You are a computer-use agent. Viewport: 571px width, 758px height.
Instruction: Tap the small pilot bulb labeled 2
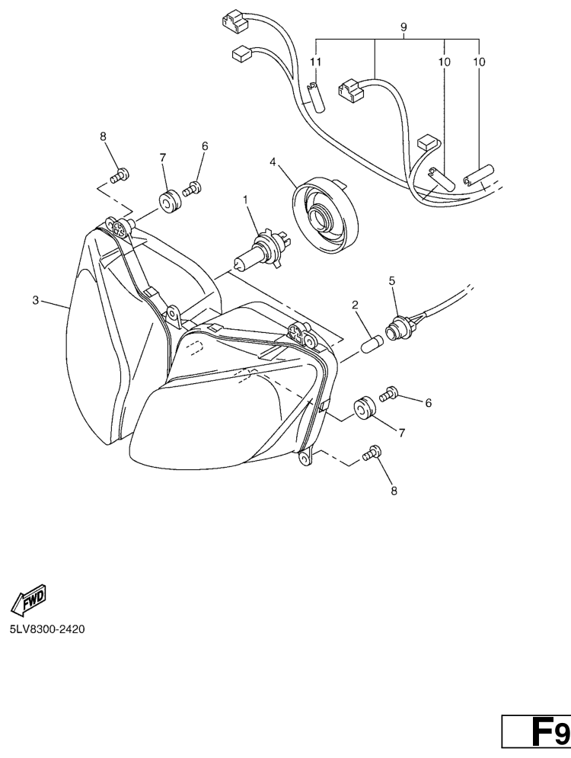(x=372, y=344)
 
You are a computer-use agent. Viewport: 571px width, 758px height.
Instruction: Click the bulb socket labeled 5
(x=402, y=327)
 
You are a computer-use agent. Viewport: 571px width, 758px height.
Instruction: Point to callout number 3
(x=35, y=300)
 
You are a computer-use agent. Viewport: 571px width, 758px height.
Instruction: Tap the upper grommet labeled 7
(x=169, y=202)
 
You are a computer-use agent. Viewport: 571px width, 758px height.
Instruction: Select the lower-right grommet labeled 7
(x=365, y=408)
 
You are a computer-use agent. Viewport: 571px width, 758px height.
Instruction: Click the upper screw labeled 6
(x=192, y=188)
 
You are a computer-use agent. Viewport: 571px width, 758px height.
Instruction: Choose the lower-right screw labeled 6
(x=388, y=394)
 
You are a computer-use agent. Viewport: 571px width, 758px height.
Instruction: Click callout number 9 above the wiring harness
(x=404, y=27)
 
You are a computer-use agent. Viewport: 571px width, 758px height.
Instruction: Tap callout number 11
(x=315, y=62)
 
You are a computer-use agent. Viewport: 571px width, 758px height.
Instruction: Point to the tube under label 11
(x=315, y=98)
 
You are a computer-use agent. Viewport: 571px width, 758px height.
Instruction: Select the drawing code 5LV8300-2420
(x=47, y=629)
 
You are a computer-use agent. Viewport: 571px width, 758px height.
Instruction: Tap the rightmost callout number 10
(x=479, y=62)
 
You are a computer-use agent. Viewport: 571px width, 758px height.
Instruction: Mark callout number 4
(x=273, y=162)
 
